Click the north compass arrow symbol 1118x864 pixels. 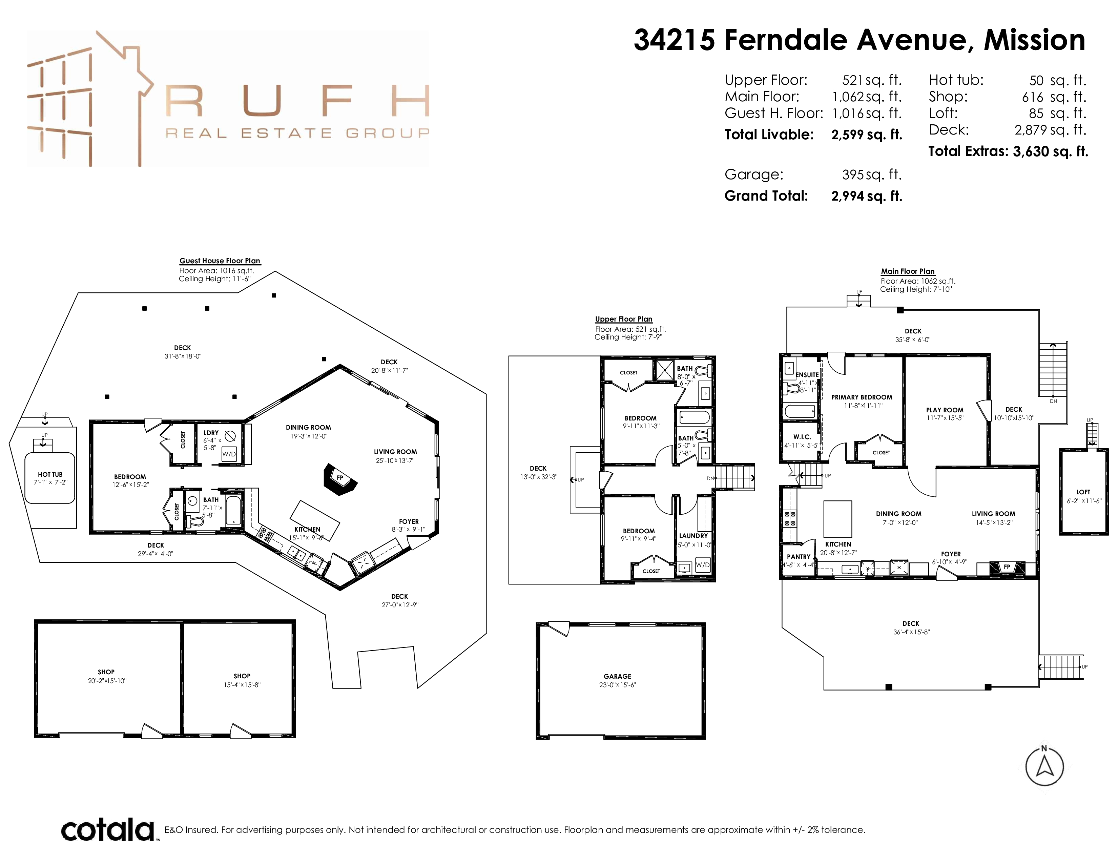coord(1044,766)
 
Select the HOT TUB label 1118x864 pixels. coord(50,474)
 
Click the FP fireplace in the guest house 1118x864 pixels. coord(340,479)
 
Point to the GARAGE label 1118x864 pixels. coord(617,676)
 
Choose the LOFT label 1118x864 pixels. coord(1083,492)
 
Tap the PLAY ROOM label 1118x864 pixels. coord(945,410)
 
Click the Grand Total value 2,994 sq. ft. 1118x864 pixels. coord(867,196)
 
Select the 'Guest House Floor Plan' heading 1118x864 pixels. coord(220,261)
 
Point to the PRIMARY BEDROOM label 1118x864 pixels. coord(862,397)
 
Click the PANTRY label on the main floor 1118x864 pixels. coord(799,557)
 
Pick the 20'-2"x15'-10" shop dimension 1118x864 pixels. coord(107,681)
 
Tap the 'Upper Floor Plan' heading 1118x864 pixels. coord(623,319)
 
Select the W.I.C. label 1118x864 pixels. coord(802,437)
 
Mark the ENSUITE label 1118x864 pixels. coord(807,375)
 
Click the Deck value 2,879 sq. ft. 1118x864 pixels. coord(1051,130)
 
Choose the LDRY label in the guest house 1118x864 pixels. coord(211,433)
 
